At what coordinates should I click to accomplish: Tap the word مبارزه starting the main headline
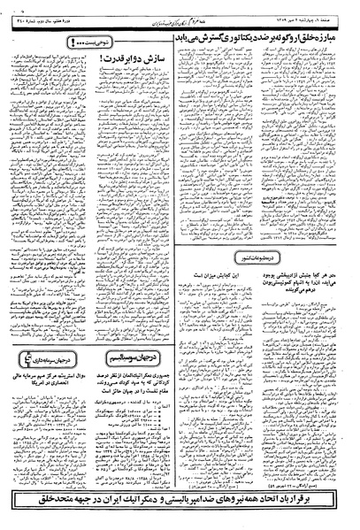pos(338,29)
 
